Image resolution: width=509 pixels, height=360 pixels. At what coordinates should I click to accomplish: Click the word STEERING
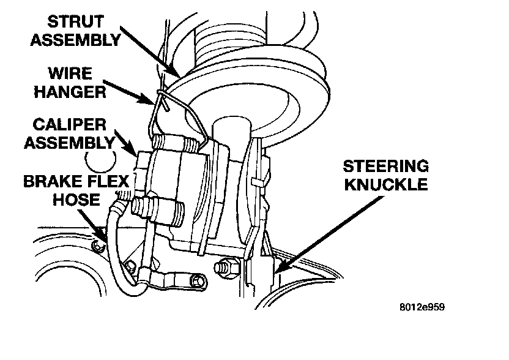tap(385, 167)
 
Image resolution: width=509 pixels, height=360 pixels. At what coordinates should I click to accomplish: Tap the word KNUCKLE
tap(385, 184)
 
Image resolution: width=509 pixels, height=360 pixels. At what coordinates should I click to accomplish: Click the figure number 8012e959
tap(420, 307)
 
